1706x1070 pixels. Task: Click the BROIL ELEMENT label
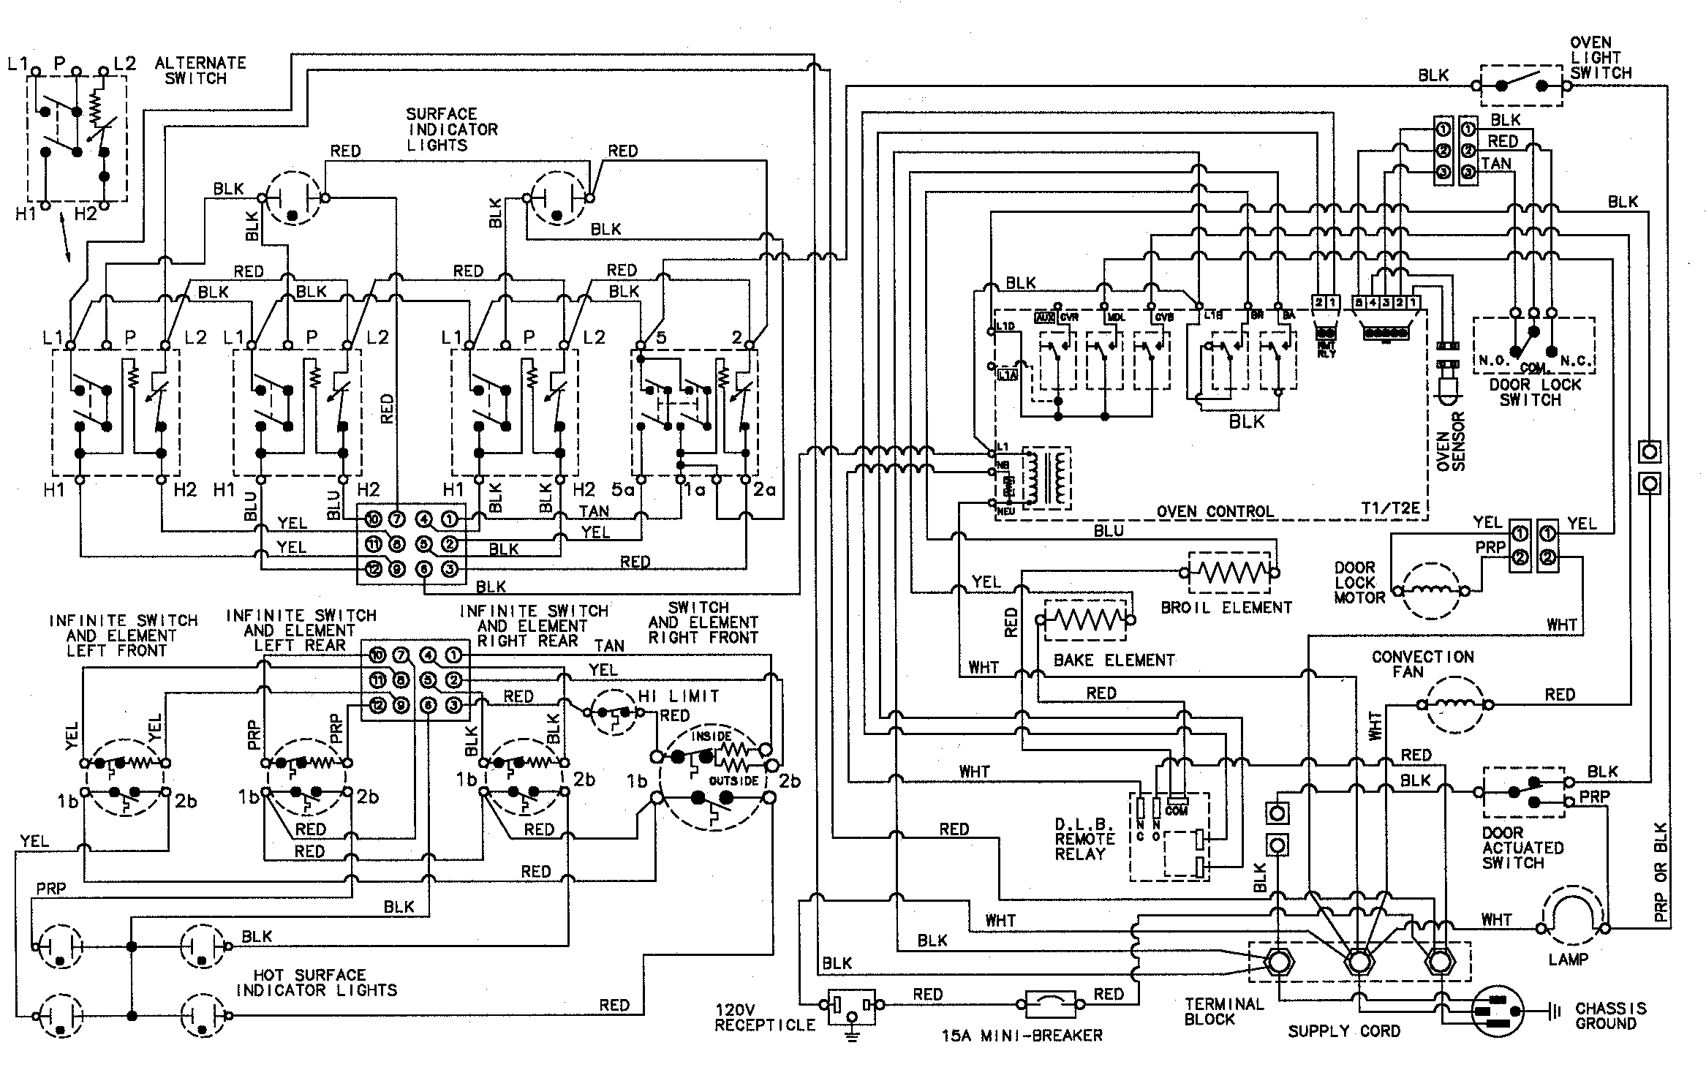(1226, 608)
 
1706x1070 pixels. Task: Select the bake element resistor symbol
(1086, 620)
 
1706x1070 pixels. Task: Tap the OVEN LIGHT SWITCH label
(1600, 58)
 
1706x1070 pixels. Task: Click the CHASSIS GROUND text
(1610, 1016)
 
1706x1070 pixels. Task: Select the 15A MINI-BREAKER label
(1022, 1035)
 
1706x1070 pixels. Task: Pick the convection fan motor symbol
(1454, 704)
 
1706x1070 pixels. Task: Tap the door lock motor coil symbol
(1432, 590)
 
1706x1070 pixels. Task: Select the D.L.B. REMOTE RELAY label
(1084, 839)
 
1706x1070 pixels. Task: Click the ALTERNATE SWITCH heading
(200, 70)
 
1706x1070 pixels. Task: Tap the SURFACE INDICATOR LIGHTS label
(452, 129)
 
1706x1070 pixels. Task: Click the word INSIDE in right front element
(711, 736)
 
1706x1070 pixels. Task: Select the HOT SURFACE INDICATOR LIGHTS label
(316, 982)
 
